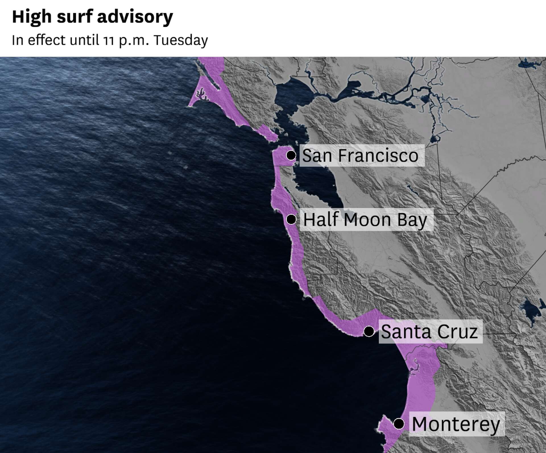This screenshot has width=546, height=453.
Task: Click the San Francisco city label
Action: coord(360,156)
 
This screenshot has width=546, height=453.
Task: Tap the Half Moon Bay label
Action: coord(365,220)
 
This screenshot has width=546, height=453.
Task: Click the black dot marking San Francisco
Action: coord(291,155)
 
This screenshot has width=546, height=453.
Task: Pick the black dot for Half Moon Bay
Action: coord(291,219)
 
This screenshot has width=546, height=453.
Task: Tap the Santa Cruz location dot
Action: coord(369,331)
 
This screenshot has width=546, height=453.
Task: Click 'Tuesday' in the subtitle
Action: coord(181,40)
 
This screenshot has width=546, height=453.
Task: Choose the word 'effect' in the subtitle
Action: coord(47,40)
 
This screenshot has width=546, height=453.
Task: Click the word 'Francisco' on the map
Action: coord(378,156)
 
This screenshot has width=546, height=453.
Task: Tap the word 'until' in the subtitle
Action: coord(84,40)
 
